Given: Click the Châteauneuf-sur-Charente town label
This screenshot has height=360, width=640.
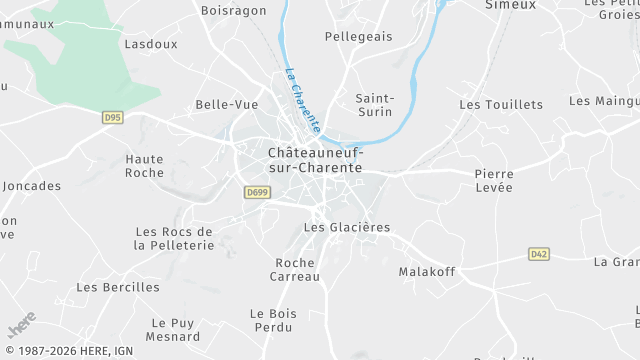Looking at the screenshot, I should [315, 160].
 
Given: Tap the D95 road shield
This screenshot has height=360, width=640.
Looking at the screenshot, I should [112, 117].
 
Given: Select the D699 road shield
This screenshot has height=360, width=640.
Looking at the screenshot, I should [256, 192].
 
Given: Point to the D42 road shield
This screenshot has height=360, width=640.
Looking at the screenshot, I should [539, 254].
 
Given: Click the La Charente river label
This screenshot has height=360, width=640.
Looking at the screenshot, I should [302, 101].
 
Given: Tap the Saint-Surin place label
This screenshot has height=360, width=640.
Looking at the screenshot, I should [375, 106].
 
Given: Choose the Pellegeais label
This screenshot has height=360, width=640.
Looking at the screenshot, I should [358, 36].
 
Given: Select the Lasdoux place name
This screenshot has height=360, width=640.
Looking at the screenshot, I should [150, 44].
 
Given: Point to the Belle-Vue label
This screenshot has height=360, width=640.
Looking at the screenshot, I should [227, 104].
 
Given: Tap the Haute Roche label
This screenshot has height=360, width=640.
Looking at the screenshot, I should [144, 166].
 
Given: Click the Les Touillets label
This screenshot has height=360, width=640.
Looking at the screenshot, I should [500, 104].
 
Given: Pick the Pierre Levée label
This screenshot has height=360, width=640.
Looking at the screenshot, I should [493, 181].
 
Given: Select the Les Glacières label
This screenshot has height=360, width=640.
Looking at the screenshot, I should [346, 227].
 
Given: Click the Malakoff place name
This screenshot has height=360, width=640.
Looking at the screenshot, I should [427, 271].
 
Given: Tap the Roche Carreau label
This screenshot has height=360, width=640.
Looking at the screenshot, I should [297, 270].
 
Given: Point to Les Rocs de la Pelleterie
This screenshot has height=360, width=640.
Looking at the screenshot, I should [174, 238].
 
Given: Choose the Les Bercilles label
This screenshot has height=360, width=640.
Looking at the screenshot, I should [117, 287].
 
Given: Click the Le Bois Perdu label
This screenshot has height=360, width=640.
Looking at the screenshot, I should [273, 321].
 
